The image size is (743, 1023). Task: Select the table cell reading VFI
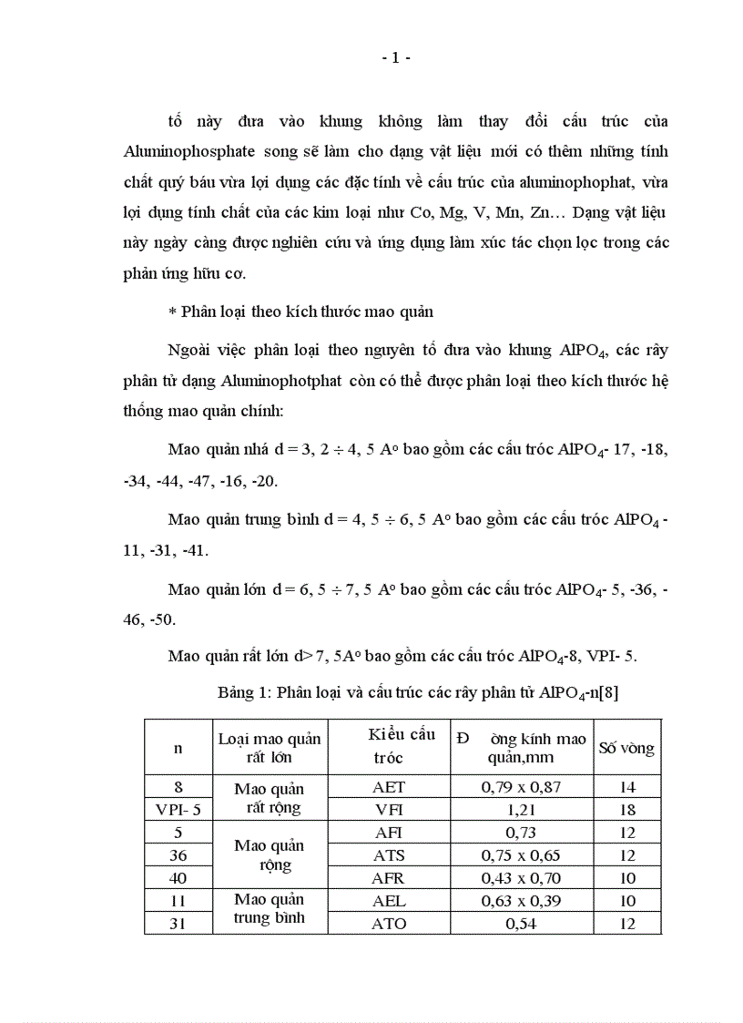pos(390,809)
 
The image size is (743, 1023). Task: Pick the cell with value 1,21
pos(522,809)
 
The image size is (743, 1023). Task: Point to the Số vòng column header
pos(626,748)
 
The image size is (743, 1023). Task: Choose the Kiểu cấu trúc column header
pos(402,746)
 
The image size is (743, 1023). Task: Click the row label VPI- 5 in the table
pos(178,809)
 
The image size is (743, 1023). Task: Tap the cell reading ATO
pos(390,924)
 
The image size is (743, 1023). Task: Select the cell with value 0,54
pos(522,924)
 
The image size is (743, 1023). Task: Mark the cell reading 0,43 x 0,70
pos(522,878)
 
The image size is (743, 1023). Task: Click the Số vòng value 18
pos(626,809)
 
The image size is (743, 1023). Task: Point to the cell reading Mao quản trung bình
pos(269,912)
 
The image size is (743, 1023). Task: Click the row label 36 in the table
pos(178,855)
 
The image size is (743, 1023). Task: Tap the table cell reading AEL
pos(390,901)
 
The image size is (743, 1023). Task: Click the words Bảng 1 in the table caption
pos(242,693)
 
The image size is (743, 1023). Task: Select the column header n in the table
pos(178,748)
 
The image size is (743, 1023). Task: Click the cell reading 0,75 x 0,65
pos(522,855)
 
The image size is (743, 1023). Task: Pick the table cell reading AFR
pos(390,878)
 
